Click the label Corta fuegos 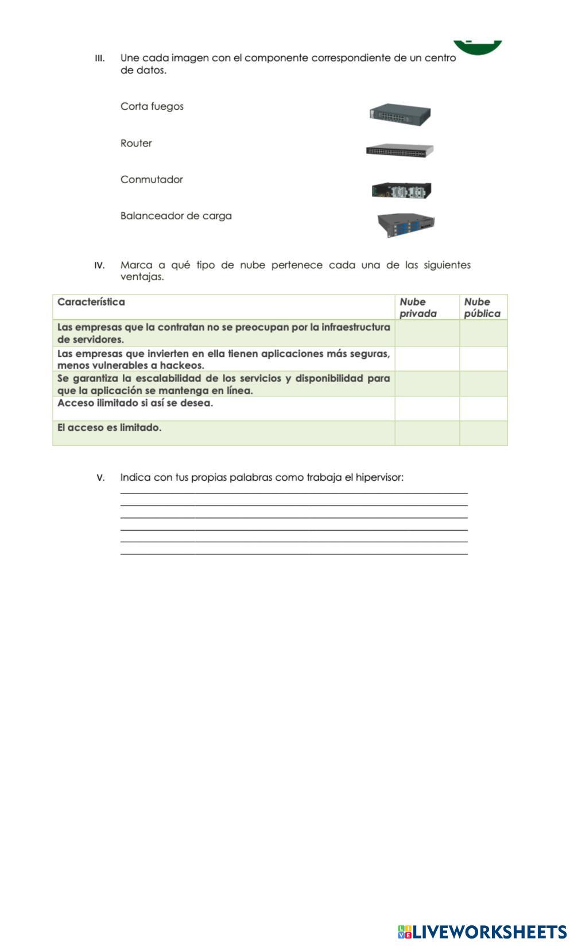[152, 106]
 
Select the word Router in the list [136, 143]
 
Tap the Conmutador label [152, 179]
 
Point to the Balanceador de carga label [176, 216]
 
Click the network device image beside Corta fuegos [400, 115]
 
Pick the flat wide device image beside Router [400, 151]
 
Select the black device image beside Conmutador [401, 190]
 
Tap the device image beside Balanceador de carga [406, 224]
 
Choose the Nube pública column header [483, 307]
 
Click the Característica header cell [91, 302]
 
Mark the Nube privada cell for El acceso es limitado [426, 433]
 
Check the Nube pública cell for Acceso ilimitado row [483, 408]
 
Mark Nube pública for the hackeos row [483, 359]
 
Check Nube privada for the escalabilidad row [426, 384]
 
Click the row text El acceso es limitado [109, 427]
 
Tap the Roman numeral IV [99, 265]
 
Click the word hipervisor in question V [378, 477]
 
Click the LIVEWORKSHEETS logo [482, 931]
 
